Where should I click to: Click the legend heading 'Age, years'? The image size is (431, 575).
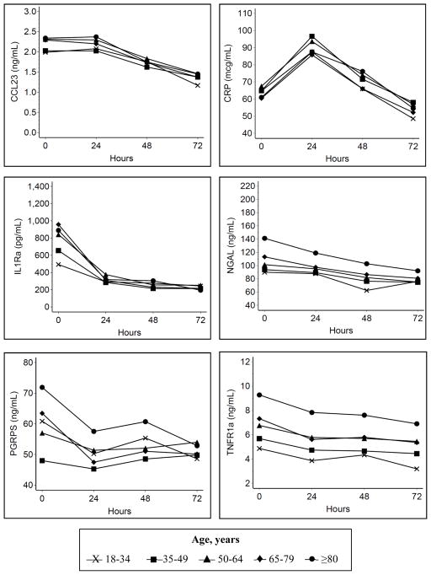click(215, 535)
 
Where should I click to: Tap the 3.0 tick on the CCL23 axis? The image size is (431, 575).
click(29, 13)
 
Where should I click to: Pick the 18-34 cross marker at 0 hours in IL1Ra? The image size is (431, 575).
click(58, 265)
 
